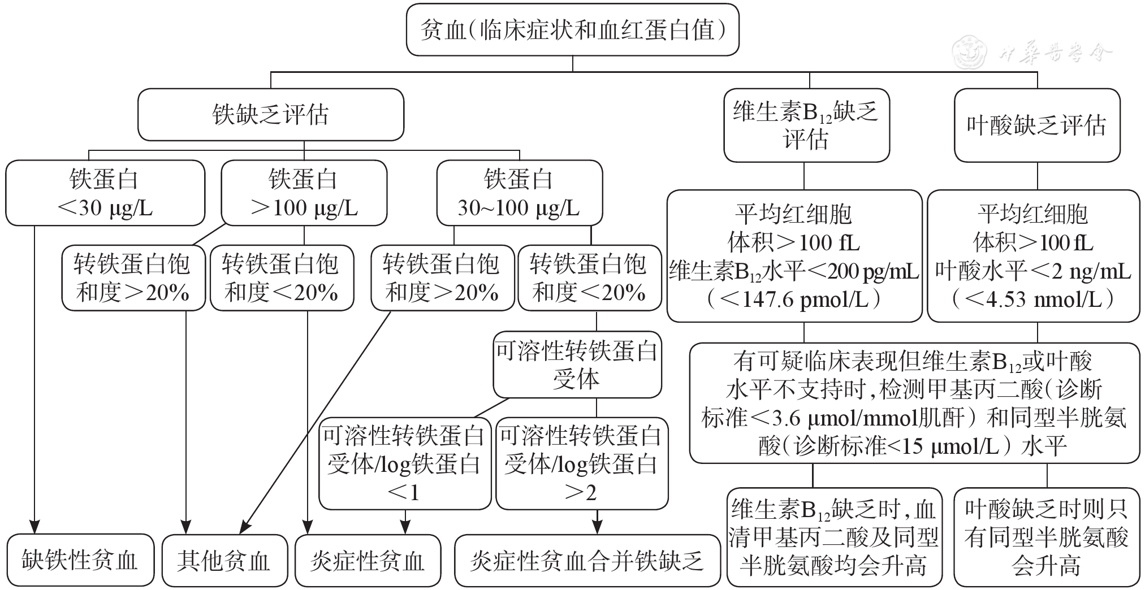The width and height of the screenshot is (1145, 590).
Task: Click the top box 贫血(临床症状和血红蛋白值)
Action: point(572,30)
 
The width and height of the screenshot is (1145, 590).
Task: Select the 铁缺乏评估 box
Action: point(270,115)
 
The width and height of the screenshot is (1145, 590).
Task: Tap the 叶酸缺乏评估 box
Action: point(1036,125)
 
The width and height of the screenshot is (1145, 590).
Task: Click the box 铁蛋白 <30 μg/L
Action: point(105,193)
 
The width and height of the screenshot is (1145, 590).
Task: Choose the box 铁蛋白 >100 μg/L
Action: point(304,193)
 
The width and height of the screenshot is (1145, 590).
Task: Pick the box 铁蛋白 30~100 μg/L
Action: point(519,193)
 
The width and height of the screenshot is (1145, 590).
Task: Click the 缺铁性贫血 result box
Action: point(80,560)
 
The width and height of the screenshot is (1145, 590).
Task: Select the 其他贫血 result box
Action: point(224,560)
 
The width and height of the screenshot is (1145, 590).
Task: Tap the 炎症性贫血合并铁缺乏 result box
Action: point(587,560)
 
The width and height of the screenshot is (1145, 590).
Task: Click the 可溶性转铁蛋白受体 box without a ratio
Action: point(577,365)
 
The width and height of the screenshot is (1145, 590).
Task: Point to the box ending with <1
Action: point(404,464)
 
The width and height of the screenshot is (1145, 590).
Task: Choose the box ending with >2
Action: point(581,464)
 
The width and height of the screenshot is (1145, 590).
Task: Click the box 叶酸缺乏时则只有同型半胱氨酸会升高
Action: point(1046,537)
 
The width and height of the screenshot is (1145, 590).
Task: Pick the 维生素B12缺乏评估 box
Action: point(806,125)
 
